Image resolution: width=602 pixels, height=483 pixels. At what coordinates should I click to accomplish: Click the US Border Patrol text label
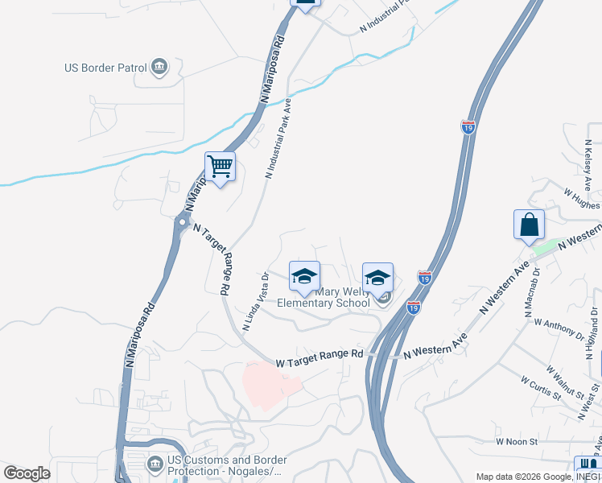[104, 68]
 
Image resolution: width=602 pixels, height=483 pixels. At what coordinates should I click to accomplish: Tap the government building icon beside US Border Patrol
[159, 67]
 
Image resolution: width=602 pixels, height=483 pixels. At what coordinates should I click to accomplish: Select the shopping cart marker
[220, 167]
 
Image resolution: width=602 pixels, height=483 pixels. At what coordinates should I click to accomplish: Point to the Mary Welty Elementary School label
[324, 297]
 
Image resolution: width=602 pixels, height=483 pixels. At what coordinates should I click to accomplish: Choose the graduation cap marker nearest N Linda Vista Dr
[304, 276]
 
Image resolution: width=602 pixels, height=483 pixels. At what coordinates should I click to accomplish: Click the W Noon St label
[516, 441]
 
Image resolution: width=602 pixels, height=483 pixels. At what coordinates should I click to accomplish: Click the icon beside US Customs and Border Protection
[155, 464]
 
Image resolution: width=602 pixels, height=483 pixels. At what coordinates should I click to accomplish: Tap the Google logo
[27, 473]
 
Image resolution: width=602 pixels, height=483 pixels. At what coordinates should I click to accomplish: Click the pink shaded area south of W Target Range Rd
[270, 386]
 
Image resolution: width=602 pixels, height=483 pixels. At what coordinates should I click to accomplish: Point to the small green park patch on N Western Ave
[547, 246]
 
